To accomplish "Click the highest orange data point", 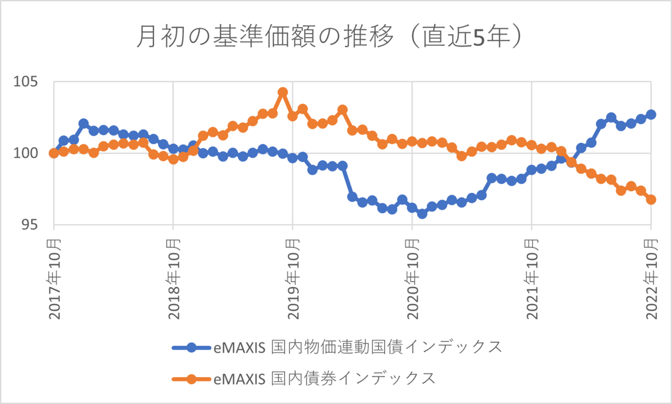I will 283,92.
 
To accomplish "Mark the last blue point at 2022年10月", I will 651,114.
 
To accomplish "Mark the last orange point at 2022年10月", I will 651,199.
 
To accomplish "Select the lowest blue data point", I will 422,213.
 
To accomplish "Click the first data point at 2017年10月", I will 54,153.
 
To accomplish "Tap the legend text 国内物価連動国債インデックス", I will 386,347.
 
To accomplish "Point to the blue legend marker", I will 192,347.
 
